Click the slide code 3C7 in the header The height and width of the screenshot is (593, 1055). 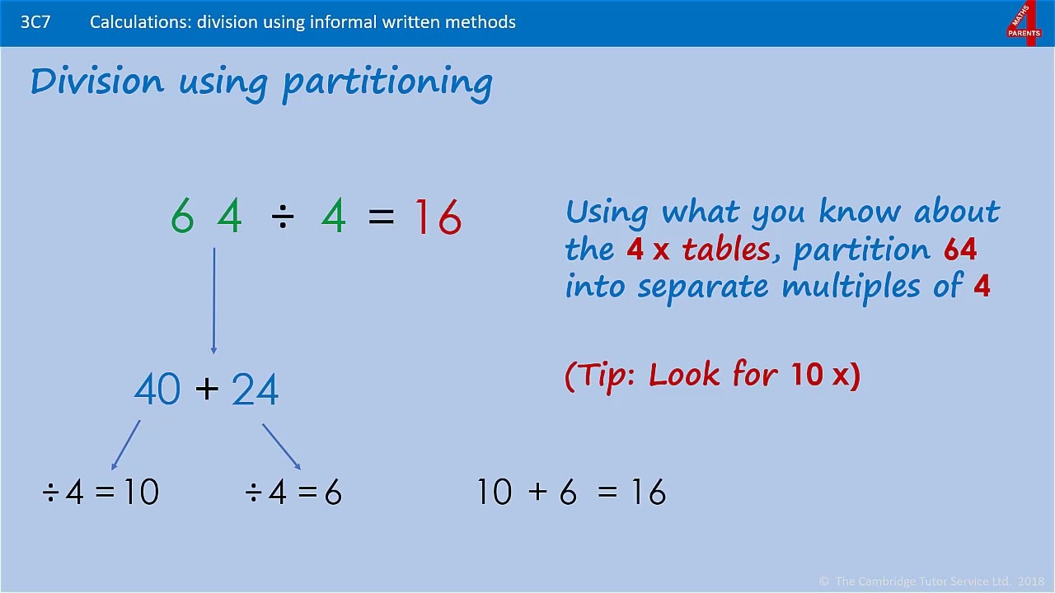pyautogui.click(x=35, y=22)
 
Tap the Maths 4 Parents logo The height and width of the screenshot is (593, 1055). pyautogui.click(x=1024, y=23)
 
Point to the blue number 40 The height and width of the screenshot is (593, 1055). pyautogui.click(x=157, y=390)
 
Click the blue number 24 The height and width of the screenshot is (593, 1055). pyautogui.click(x=255, y=390)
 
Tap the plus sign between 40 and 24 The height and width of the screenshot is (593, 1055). pyautogui.click(x=207, y=389)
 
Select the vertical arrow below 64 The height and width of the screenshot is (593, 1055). pyautogui.click(x=214, y=301)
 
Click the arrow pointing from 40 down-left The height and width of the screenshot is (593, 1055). pyautogui.click(x=126, y=446)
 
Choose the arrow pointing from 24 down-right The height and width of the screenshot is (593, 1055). pyautogui.click(x=281, y=446)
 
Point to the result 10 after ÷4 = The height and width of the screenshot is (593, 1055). pyautogui.click(x=141, y=493)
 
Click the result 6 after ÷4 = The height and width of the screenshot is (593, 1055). pyautogui.click(x=333, y=493)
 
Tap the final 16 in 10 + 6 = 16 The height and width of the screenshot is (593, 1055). pyautogui.click(x=649, y=493)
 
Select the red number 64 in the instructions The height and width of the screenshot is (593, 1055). pyautogui.click(x=960, y=249)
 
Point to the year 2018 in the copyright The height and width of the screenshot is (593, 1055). pyautogui.click(x=1030, y=581)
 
